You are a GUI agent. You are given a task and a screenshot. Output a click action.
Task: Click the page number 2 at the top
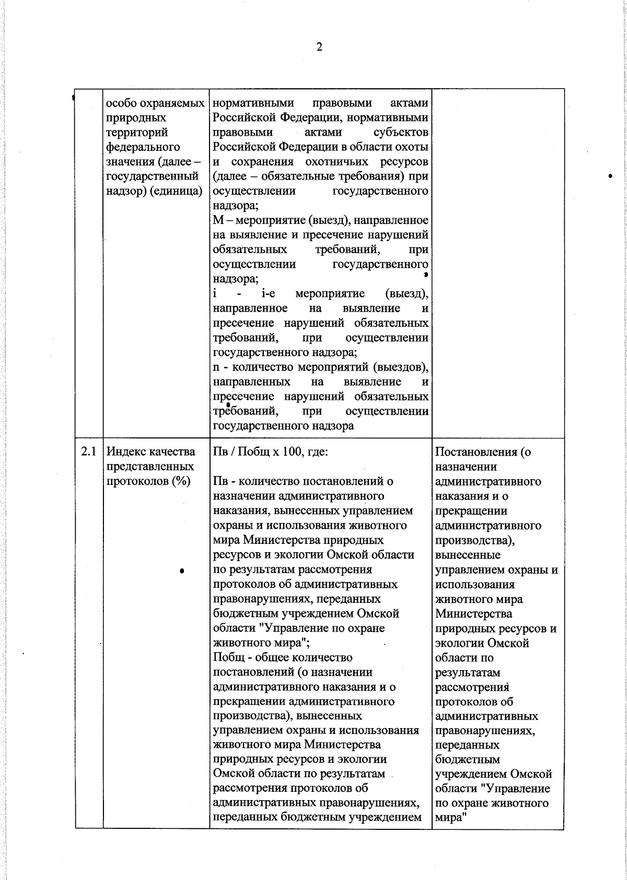[x=319, y=47]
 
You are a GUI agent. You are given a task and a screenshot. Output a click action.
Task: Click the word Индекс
[x=126, y=452]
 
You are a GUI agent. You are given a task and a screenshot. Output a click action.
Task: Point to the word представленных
[x=150, y=467]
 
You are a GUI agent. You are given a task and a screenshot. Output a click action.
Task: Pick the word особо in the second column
[x=120, y=103]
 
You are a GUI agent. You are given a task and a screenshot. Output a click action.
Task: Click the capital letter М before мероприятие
[x=218, y=220]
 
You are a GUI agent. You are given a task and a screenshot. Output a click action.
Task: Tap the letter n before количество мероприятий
[x=216, y=367]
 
